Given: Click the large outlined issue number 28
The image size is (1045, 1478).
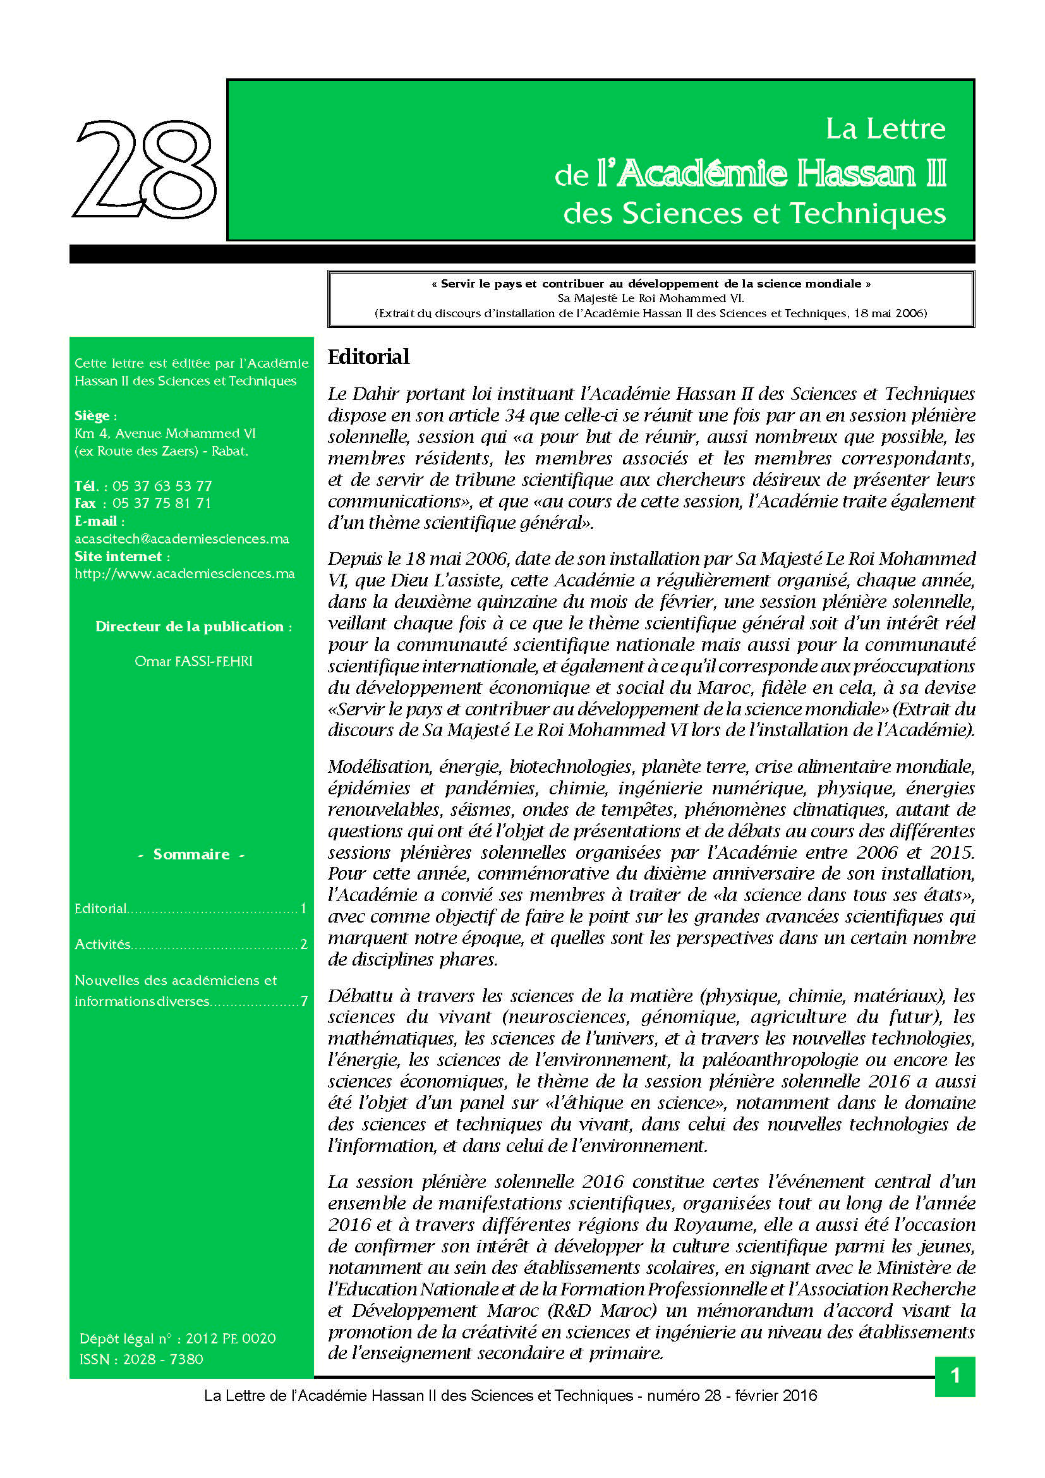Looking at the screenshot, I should pos(145,169).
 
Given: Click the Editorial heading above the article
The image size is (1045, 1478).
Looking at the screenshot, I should pos(368,356).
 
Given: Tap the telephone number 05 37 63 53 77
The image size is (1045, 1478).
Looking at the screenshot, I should pos(162,486).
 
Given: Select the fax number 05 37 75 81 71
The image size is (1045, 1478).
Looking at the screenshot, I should pos(162,504).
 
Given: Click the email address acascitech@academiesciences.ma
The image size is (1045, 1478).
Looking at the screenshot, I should pos(181,539).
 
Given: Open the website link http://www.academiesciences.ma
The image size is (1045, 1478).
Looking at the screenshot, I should pos(184,574).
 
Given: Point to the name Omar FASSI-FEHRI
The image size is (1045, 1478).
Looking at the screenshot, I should pos(193,661).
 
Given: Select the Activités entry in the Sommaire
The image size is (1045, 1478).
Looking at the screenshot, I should pos(102,944).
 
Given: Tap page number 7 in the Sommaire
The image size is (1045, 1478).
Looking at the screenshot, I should pos(305,1001).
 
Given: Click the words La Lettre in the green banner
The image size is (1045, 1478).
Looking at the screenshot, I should pos(885,129).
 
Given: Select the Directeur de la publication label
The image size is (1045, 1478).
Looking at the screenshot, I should pos(193,626).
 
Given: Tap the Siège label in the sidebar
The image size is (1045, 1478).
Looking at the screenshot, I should pos(94,416).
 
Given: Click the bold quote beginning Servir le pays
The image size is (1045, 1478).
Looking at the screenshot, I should pos(651,284).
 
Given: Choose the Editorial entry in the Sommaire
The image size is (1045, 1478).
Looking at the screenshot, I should pos(100,908).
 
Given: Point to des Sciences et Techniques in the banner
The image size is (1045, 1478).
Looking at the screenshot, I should pos(754,214).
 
